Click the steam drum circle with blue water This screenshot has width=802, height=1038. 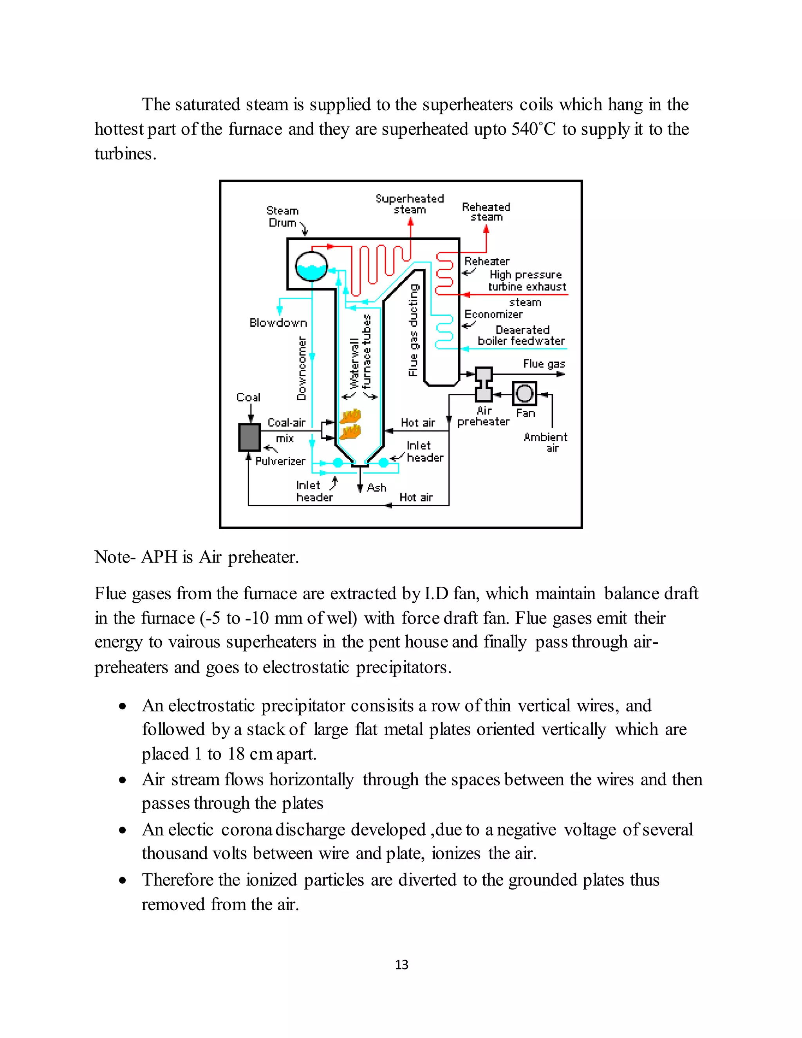click(311, 266)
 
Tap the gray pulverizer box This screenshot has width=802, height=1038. click(249, 437)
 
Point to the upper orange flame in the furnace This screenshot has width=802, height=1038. click(350, 416)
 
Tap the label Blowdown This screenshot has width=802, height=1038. click(278, 323)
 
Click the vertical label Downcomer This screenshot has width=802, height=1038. click(302, 368)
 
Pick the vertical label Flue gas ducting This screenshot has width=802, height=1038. click(414, 330)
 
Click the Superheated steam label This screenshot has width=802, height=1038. click(410, 204)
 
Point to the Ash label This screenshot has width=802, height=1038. click(377, 488)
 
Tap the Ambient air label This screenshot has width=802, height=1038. click(546, 442)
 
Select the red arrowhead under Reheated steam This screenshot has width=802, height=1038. click(486, 229)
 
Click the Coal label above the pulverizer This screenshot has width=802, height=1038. click(249, 397)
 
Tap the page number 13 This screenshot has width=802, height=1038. click(401, 965)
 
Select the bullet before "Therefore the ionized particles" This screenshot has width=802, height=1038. click(123, 881)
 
